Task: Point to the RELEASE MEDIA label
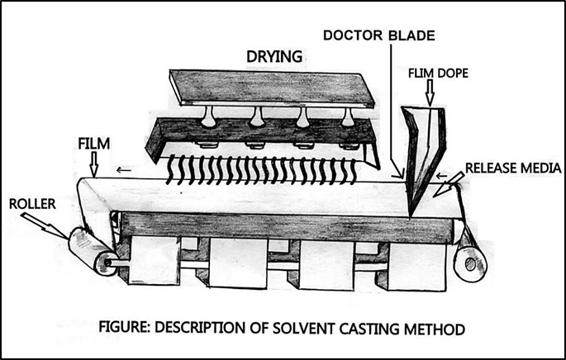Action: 513,168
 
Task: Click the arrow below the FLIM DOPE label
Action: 428,93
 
